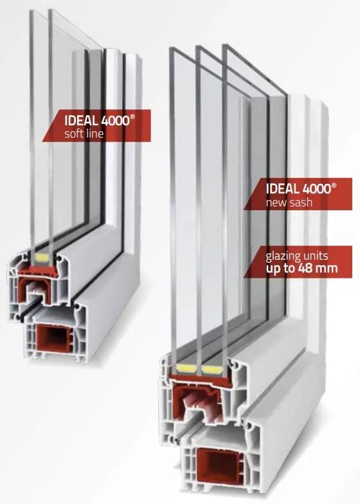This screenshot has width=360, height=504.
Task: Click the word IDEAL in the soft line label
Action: tap(81, 121)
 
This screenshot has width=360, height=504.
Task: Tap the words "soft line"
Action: tap(84, 134)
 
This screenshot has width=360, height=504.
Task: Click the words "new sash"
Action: tap(289, 203)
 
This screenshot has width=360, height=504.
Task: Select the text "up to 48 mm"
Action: tap(302, 268)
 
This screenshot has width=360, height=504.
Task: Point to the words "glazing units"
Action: tap(297, 256)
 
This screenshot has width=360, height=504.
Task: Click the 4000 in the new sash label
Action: tap(316, 189)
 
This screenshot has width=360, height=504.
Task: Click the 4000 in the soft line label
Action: tap(115, 121)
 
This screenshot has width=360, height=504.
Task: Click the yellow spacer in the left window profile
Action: tap(41, 256)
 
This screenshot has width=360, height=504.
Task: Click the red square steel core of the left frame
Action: tap(51, 339)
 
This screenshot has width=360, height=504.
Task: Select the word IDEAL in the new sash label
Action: tap(283, 189)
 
